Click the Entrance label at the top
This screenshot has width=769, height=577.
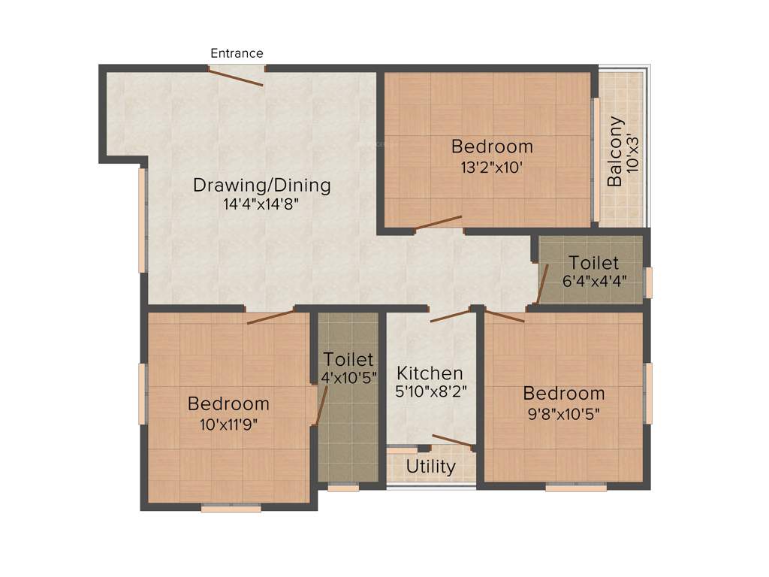point(237,53)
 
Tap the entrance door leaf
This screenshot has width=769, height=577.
point(236,77)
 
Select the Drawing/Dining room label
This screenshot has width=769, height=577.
point(261,185)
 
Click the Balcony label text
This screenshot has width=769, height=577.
point(615,151)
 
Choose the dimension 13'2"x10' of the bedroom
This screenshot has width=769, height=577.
point(492,168)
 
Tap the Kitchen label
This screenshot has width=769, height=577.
point(430,373)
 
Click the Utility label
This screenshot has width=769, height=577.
point(430,467)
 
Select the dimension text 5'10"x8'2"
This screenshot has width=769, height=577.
point(430,391)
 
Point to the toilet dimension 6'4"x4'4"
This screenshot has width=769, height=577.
point(593,282)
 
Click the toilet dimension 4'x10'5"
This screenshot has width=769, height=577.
point(348,378)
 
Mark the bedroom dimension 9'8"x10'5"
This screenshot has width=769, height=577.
point(563,413)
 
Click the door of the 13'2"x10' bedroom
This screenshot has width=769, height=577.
point(438,222)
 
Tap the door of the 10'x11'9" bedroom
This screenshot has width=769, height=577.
point(271,316)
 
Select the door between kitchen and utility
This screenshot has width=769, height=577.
point(453,440)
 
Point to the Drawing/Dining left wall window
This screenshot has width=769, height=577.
point(142,219)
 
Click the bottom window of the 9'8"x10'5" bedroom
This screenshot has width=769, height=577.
point(576,487)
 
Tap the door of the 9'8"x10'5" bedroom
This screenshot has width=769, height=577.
point(505,316)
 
